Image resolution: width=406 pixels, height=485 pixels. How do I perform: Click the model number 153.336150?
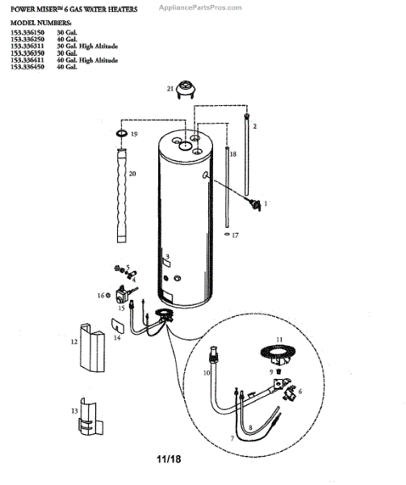click(x=26, y=32)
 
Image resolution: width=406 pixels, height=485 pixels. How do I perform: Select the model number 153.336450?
click(x=26, y=67)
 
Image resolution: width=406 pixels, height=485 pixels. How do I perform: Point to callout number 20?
click(x=132, y=175)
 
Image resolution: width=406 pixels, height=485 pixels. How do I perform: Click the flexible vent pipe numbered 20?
click(x=120, y=196)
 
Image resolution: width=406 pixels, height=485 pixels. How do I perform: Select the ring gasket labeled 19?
click(x=121, y=132)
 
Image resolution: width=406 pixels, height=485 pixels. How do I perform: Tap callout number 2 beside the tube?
click(x=254, y=127)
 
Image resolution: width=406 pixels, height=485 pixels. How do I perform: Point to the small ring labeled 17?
click(x=226, y=234)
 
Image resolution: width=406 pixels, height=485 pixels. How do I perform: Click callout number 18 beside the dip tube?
click(x=233, y=153)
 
